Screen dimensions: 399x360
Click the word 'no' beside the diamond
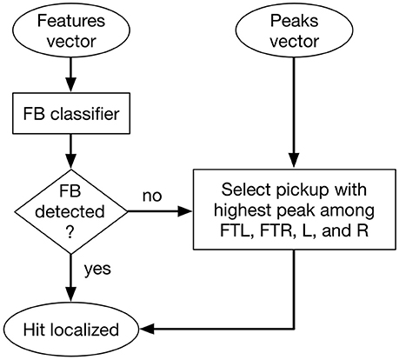152,197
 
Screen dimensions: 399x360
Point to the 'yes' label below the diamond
97,270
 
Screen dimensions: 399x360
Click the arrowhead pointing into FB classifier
71,85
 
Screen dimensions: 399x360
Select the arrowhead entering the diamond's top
71,162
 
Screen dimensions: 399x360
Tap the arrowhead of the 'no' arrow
185,211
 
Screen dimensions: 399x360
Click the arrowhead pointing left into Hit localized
147,330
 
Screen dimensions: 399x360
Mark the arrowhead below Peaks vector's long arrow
294,160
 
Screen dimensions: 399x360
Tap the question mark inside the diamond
70,232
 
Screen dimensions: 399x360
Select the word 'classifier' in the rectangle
84,114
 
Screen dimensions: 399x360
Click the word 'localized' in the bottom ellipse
84,330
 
